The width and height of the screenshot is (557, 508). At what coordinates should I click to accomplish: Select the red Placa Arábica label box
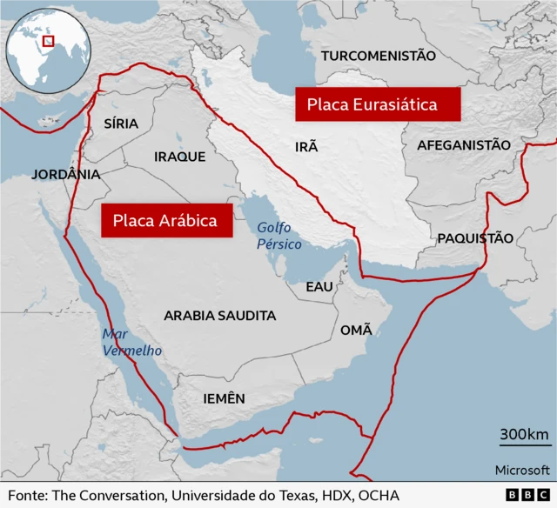point(164,220)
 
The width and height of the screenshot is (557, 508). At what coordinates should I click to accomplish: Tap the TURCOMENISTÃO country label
point(378,56)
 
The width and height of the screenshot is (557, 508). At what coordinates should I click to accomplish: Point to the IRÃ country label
point(306,147)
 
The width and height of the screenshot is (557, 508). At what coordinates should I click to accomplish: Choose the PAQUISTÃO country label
point(474,237)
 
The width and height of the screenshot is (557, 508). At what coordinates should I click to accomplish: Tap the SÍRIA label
point(121,124)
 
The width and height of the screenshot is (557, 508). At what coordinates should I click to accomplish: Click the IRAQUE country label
point(179,157)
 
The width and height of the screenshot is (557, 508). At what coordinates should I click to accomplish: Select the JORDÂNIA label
point(66,174)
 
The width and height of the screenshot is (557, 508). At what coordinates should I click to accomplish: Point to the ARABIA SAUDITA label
point(220,316)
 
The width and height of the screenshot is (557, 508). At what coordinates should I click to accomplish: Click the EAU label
point(319,286)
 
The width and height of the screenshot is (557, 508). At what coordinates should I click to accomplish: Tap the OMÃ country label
point(356,330)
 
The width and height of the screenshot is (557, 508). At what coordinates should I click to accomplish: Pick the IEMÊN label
point(224,398)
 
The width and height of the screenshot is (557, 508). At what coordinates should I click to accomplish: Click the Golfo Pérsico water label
point(279,236)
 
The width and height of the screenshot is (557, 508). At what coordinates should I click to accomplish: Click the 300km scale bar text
point(523,435)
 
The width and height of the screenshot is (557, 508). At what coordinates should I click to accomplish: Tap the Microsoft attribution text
point(522,470)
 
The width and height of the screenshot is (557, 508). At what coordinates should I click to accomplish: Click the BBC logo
point(525,494)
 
